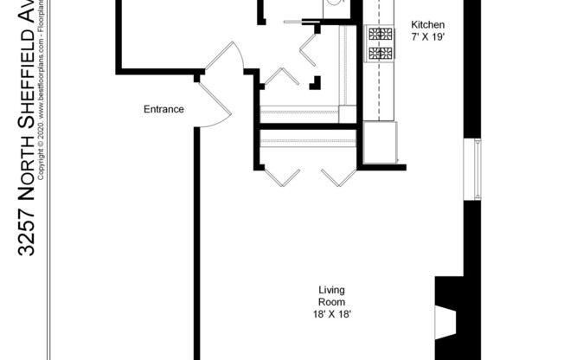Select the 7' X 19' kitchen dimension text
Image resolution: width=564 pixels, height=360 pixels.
click(427, 38)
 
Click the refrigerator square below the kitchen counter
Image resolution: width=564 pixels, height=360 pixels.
click(380, 142)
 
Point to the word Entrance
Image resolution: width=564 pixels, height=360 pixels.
click(163, 109)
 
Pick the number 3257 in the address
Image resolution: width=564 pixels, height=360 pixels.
click(26, 234)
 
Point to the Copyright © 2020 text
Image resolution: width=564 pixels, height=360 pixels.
click(41, 138)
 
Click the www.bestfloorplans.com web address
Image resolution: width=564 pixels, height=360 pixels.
click(41, 69)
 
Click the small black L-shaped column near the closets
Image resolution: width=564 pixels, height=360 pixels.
click(317, 84)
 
